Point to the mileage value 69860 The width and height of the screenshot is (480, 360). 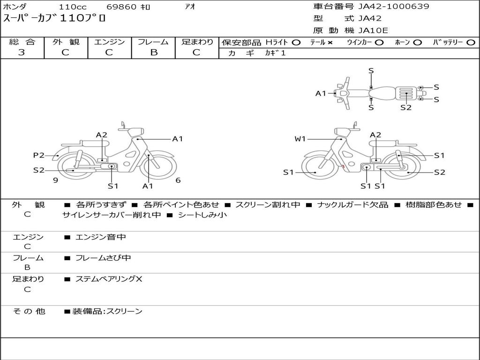(x=121, y=7)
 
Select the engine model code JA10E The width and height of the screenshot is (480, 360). (x=373, y=30)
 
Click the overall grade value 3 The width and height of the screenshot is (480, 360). (x=22, y=52)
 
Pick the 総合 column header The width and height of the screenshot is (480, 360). (x=22, y=42)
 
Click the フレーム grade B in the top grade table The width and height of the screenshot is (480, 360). (x=153, y=52)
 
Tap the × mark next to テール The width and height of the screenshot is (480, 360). (x=330, y=43)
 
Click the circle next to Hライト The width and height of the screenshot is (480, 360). (x=296, y=43)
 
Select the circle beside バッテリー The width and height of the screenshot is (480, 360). (x=470, y=43)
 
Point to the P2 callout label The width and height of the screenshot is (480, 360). (x=38, y=155)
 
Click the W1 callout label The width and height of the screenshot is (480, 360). (x=300, y=139)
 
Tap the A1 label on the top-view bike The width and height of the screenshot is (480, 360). (x=321, y=93)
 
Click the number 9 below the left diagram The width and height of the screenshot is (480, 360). (x=55, y=180)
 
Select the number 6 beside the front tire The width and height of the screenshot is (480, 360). (x=178, y=180)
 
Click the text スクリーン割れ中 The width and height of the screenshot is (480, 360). (x=268, y=205)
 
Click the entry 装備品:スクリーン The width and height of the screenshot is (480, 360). (x=107, y=311)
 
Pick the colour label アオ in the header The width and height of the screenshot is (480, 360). (x=190, y=7)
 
